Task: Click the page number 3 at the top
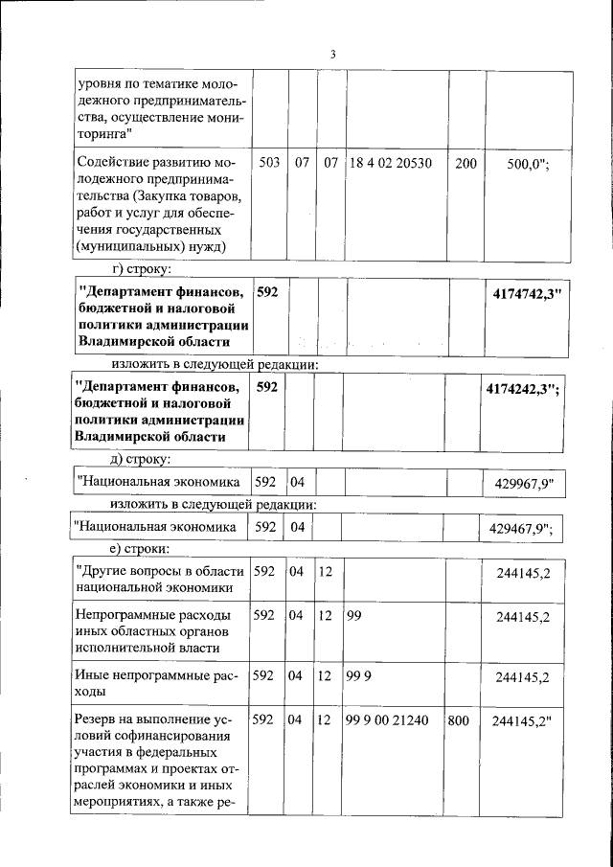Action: pos(331,54)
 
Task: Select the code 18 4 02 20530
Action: pos(390,164)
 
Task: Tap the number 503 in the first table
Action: pos(269,164)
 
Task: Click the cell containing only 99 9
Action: pos(358,676)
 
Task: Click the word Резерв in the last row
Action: pos(99,719)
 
